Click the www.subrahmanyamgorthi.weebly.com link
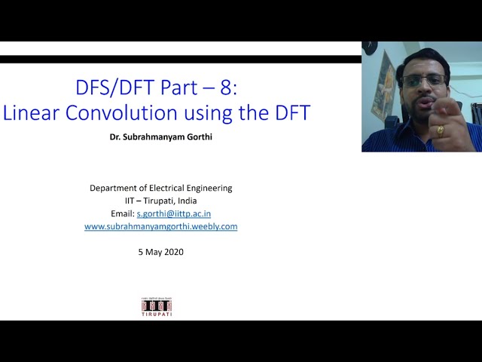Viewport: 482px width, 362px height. (x=160, y=226)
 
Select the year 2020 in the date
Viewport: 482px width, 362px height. (x=172, y=252)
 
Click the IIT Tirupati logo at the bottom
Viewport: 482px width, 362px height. (x=157, y=306)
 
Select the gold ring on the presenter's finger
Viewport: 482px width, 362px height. (x=441, y=130)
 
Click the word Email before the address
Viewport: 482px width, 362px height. (x=122, y=213)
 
